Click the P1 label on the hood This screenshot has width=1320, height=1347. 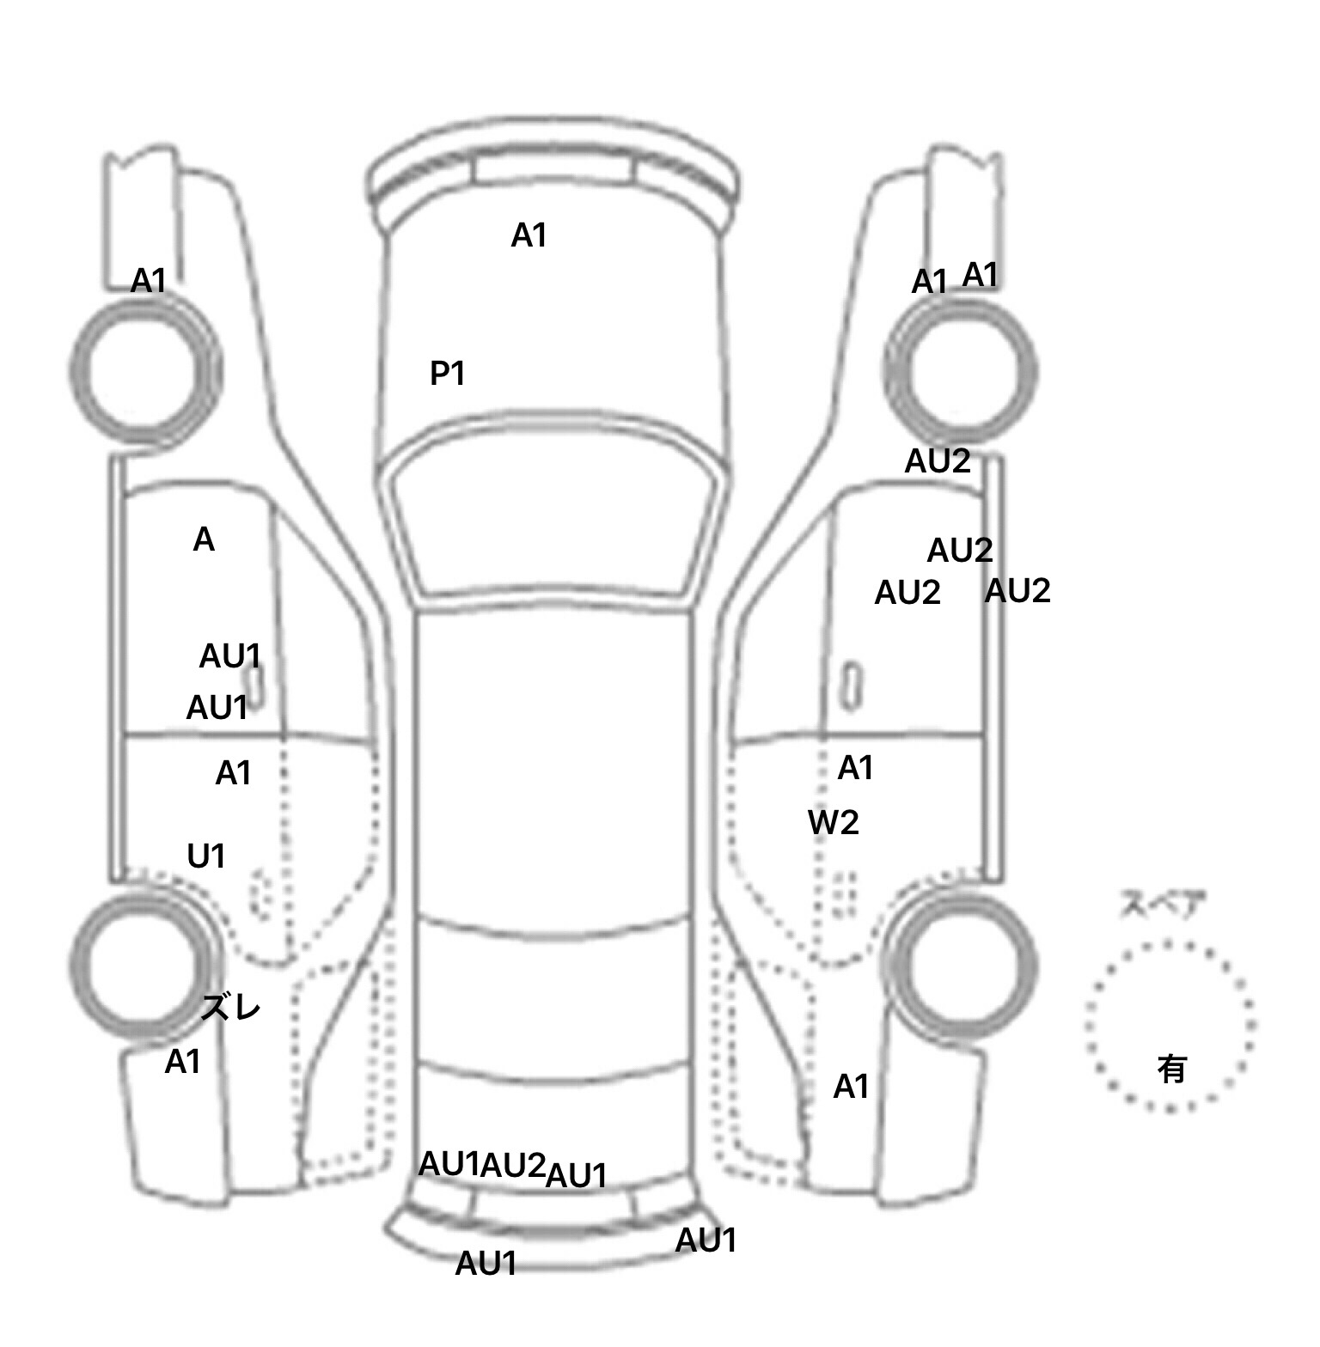[x=447, y=374]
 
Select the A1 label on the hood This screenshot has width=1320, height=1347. [x=529, y=235]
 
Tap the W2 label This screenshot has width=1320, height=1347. [x=833, y=823]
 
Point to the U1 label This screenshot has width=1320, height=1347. [x=206, y=856]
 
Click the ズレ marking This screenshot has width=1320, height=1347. [x=230, y=1008]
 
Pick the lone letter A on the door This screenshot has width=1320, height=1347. [x=204, y=540]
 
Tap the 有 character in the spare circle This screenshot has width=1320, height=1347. [x=1171, y=1070]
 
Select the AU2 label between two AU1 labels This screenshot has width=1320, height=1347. [x=512, y=1166]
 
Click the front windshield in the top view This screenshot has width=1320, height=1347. [x=555, y=515]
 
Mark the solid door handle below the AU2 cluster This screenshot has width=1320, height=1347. [x=851, y=686]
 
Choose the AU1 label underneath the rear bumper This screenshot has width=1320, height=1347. [x=486, y=1264]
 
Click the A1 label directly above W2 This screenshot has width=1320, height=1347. [x=855, y=768]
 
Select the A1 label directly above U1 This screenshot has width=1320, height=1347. [x=233, y=773]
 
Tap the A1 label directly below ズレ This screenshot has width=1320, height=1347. [x=182, y=1063]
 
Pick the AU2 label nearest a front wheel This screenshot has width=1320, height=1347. [x=938, y=462]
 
